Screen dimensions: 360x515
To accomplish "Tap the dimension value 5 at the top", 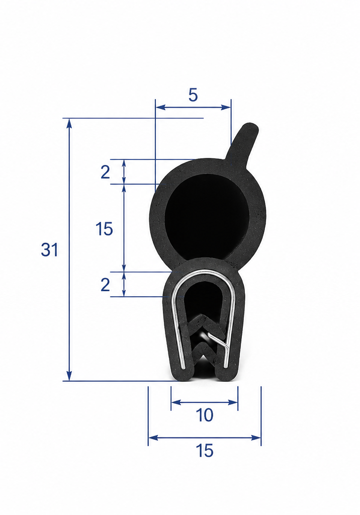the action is pos(193,95).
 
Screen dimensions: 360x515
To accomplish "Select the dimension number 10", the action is pos(204,415).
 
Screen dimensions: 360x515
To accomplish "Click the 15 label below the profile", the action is pos(204,450).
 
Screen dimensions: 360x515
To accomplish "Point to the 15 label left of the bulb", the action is pos(104,229).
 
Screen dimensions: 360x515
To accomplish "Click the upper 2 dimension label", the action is pos(105,172).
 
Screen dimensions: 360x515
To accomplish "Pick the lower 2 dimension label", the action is pos(105,285).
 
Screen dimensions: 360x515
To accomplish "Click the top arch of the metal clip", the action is pos(204,271).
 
